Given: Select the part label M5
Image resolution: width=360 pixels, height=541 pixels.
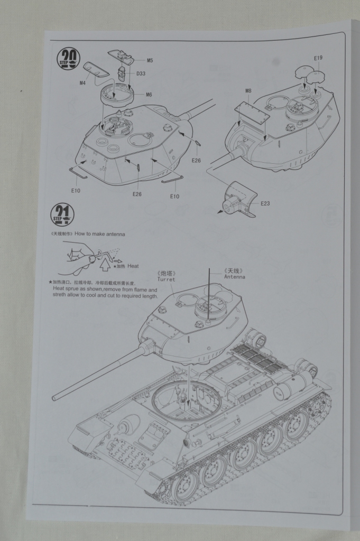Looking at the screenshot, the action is (x=150, y=60).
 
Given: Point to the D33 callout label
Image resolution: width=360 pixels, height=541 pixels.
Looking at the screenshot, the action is (x=141, y=73).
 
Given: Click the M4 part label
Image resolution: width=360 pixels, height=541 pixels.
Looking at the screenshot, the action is (x=82, y=83).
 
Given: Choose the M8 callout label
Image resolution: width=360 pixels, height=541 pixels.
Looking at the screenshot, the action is (x=248, y=91).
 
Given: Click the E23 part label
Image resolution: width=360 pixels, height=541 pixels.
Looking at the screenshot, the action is (x=265, y=203).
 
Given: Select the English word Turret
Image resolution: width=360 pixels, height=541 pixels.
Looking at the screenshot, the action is (x=165, y=279).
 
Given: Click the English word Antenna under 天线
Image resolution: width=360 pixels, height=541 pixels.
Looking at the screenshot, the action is (x=235, y=276).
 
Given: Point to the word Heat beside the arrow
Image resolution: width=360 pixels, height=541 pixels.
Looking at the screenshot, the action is (x=133, y=266).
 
